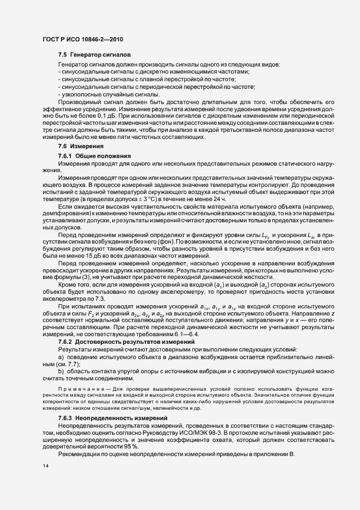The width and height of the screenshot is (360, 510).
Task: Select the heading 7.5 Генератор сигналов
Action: pos(94,55)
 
